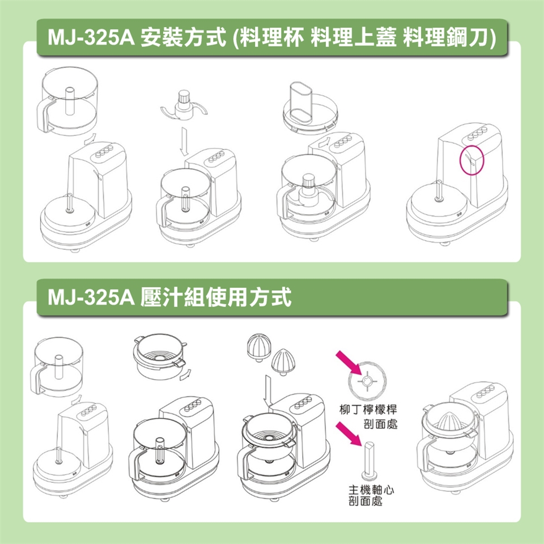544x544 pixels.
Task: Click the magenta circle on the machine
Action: (x=460, y=160)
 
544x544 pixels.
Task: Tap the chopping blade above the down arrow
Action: (x=184, y=107)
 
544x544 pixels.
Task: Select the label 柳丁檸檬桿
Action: (x=368, y=409)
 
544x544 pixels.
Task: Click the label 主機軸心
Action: (x=371, y=490)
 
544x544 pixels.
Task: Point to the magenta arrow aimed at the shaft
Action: (x=349, y=433)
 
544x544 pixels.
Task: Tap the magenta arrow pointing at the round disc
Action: (x=349, y=362)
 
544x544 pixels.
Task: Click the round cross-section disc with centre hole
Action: (x=367, y=381)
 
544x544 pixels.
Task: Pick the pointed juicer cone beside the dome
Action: (x=283, y=362)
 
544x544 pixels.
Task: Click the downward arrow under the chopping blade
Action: (x=184, y=142)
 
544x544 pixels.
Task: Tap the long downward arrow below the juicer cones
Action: (x=267, y=391)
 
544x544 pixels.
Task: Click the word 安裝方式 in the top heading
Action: (x=184, y=37)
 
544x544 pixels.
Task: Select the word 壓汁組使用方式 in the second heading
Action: (x=216, y=297)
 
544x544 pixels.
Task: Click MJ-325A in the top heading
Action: (x=91, y=37)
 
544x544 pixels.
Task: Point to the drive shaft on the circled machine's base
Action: (x=439, y=192)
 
